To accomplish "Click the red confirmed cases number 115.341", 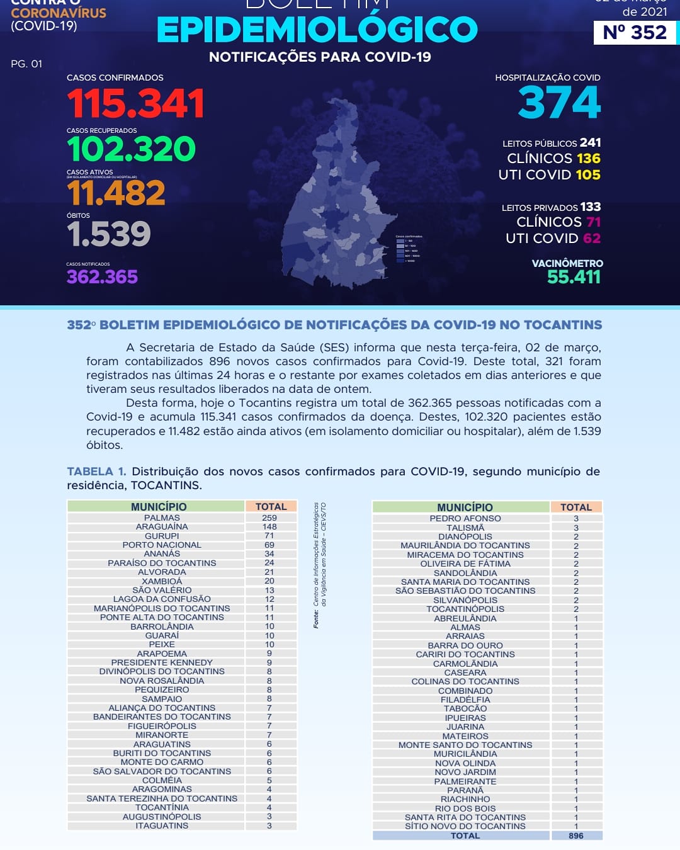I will coord(135,103).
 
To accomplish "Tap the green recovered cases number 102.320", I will coord(131,149).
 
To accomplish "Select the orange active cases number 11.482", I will coord(116,193).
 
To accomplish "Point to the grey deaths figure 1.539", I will coord(108,234).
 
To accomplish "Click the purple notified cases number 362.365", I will coord(102,277).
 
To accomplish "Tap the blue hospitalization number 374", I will coord(559,103).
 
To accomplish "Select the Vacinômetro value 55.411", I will coord(574,277).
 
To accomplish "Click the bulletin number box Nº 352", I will coord(634,32).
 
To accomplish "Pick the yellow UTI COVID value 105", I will coord(587,175).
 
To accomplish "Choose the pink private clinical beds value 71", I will coord(593,222).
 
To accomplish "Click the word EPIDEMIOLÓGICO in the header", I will coord(317,30).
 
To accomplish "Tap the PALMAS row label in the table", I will coord(162,518).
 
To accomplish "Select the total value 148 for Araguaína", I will coord(269,526).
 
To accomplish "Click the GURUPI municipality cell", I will coord(162,536).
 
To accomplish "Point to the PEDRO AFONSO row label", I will coord(465,518).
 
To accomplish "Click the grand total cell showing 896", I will coord(575,836).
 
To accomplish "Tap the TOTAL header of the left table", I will coord(271,506).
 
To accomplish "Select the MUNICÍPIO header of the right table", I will coord(465,507).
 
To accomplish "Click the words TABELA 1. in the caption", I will coord(96,472).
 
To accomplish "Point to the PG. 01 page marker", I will coord(26,64).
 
